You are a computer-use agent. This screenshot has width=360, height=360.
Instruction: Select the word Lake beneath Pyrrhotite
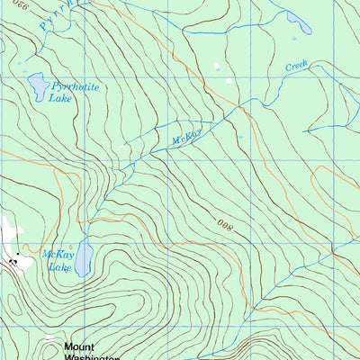point(61,97)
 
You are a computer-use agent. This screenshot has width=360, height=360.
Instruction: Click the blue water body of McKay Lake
point(82,258)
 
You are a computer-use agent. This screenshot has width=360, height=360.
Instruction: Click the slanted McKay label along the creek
point(188,135)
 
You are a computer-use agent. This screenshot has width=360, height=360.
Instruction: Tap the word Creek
point(296,66)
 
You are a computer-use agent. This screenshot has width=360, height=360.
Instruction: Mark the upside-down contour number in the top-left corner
point(19,6)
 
